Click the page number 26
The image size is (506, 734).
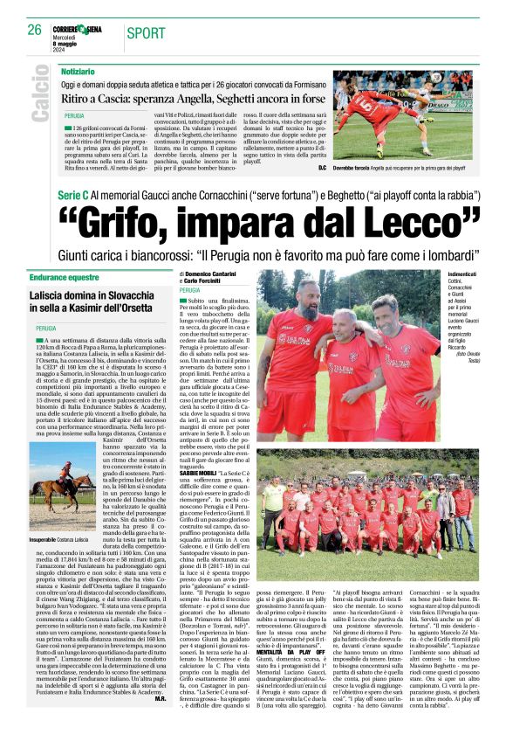tap(34, 30)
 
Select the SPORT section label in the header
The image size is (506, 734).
tap(146, 33)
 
